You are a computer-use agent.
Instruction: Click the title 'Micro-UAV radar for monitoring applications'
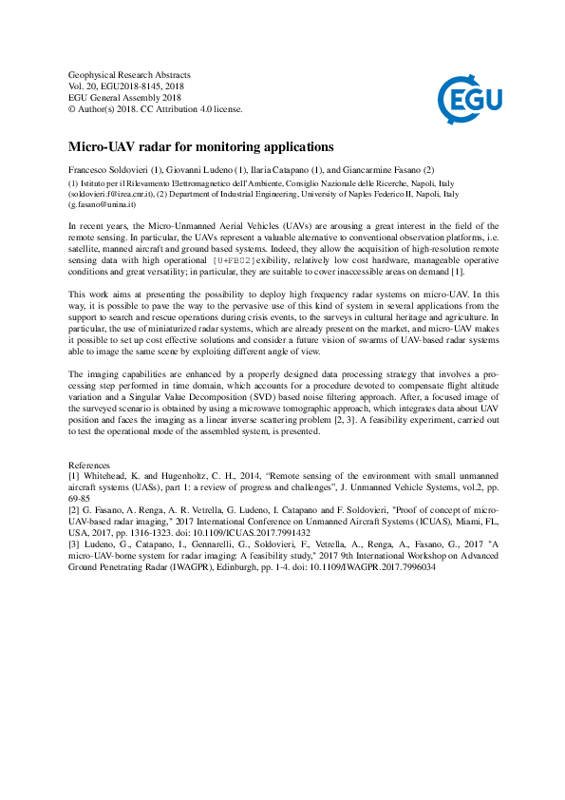(x=200, y=147)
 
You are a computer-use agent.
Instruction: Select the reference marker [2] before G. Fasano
(x=73, y=510)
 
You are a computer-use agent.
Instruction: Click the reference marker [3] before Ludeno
(x=73, y=544)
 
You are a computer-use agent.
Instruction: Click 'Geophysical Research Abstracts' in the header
(x=130, y=74)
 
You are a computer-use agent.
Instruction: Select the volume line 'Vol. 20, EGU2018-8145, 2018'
(x=131, y=86)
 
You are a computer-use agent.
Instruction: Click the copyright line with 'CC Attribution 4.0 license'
(x=156, y=108)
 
